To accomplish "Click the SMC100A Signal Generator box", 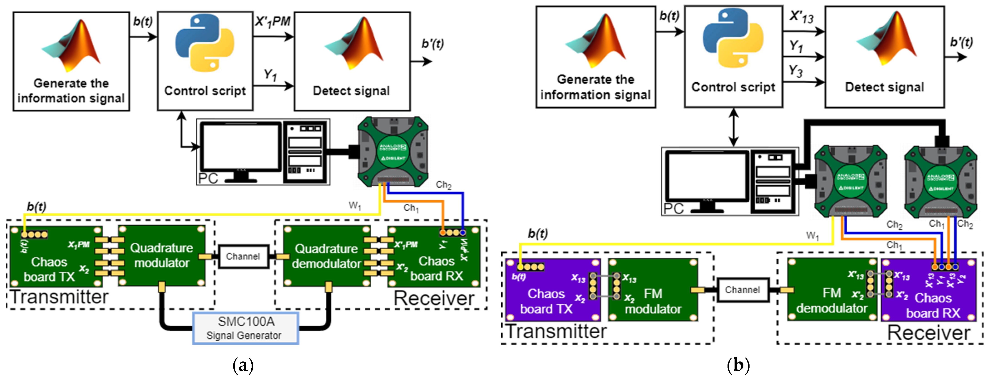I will [245, 328].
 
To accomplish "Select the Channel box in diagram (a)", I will [243, 256].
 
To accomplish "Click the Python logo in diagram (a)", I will [204, 43].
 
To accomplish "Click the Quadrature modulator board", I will [161, 256].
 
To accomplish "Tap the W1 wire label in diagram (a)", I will [354, 206].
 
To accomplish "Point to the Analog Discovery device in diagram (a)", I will [393, 152].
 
